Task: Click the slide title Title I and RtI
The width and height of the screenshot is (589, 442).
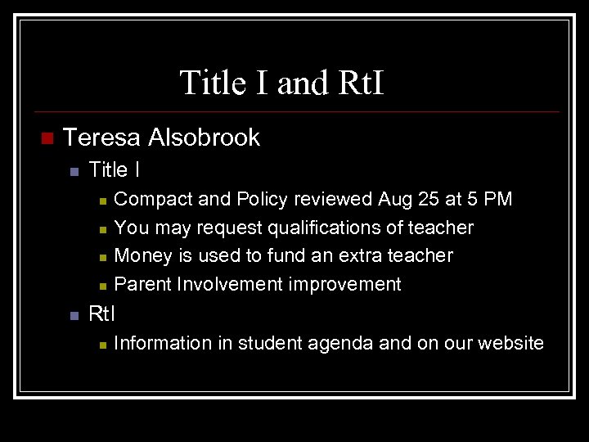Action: [x=281, y=83]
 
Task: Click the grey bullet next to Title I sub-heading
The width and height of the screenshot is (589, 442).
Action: [x=73, y=171]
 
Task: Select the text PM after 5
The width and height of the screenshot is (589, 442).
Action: [x=497, y=199]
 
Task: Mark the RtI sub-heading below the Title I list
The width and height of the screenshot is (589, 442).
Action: [x=101, y=313]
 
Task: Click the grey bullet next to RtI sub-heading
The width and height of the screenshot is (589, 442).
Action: [x=73, y=314]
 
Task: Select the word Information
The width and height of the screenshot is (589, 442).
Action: [x=163, y=343]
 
